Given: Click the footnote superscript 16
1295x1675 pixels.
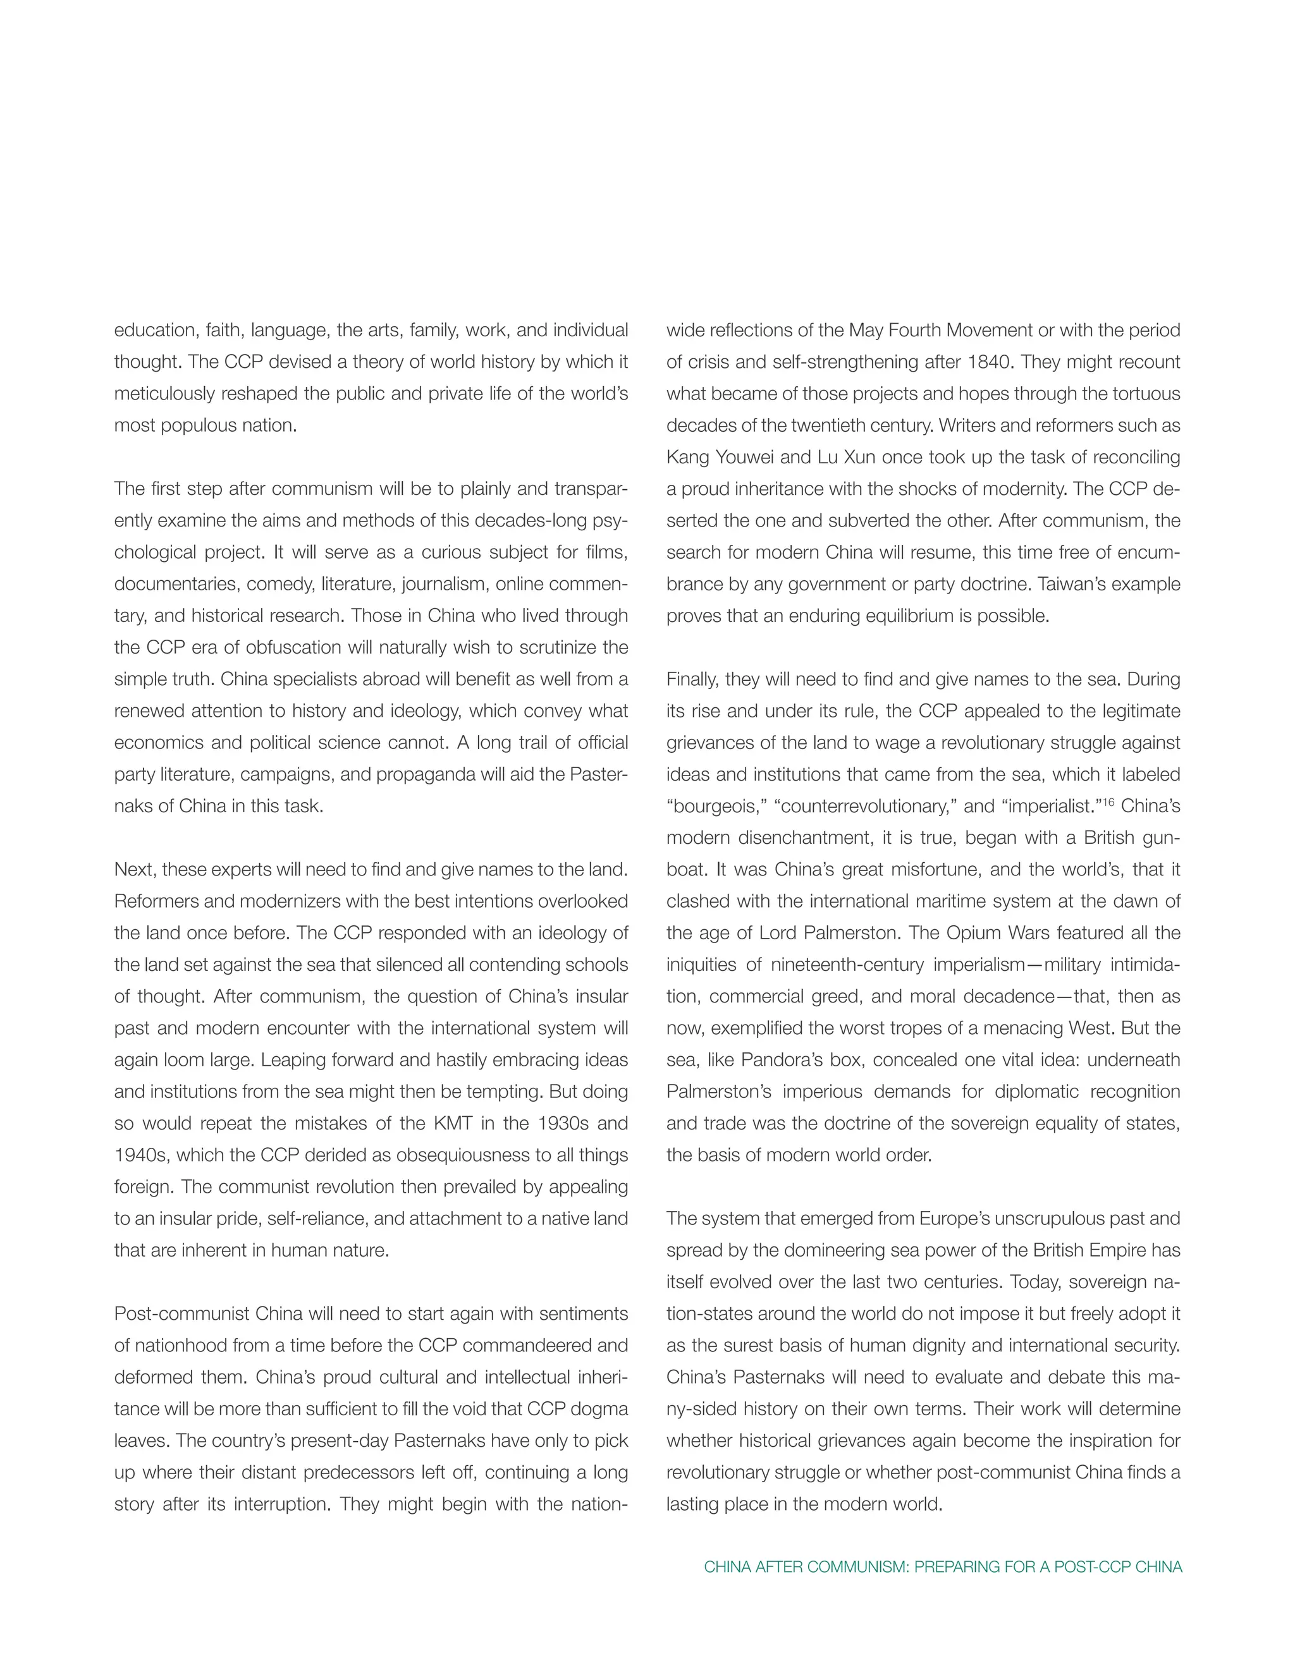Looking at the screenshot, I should pos(1108,802).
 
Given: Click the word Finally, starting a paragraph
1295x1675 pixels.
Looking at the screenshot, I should pos(693,679).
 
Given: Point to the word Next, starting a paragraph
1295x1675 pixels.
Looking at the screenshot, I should pos(135,870).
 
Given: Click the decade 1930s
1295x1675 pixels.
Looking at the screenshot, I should pos(562,1124).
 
